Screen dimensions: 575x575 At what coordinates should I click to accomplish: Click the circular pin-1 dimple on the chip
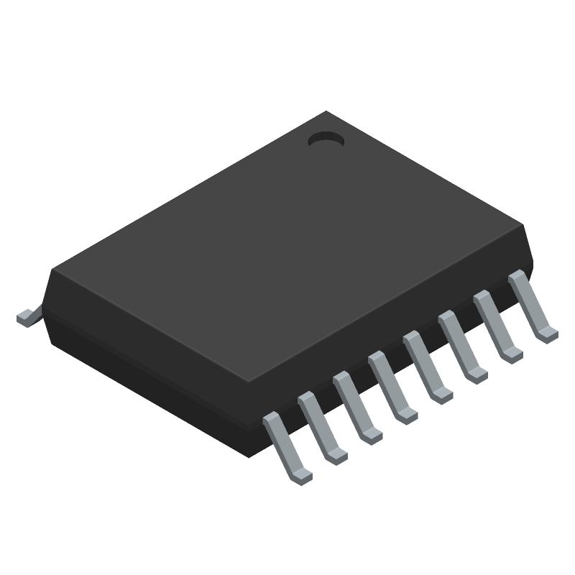326,139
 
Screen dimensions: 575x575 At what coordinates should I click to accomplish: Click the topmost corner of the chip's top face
327,111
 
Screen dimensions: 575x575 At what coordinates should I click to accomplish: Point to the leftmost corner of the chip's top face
52,270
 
